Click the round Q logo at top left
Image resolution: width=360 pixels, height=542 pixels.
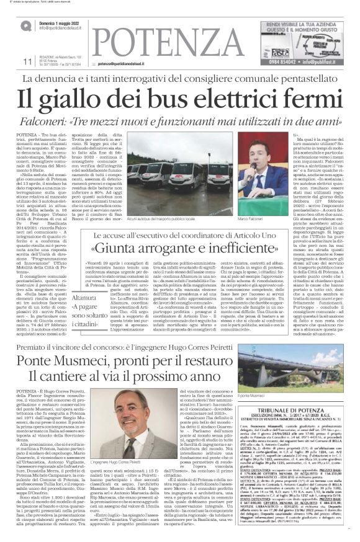click(x=25, y=24)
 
